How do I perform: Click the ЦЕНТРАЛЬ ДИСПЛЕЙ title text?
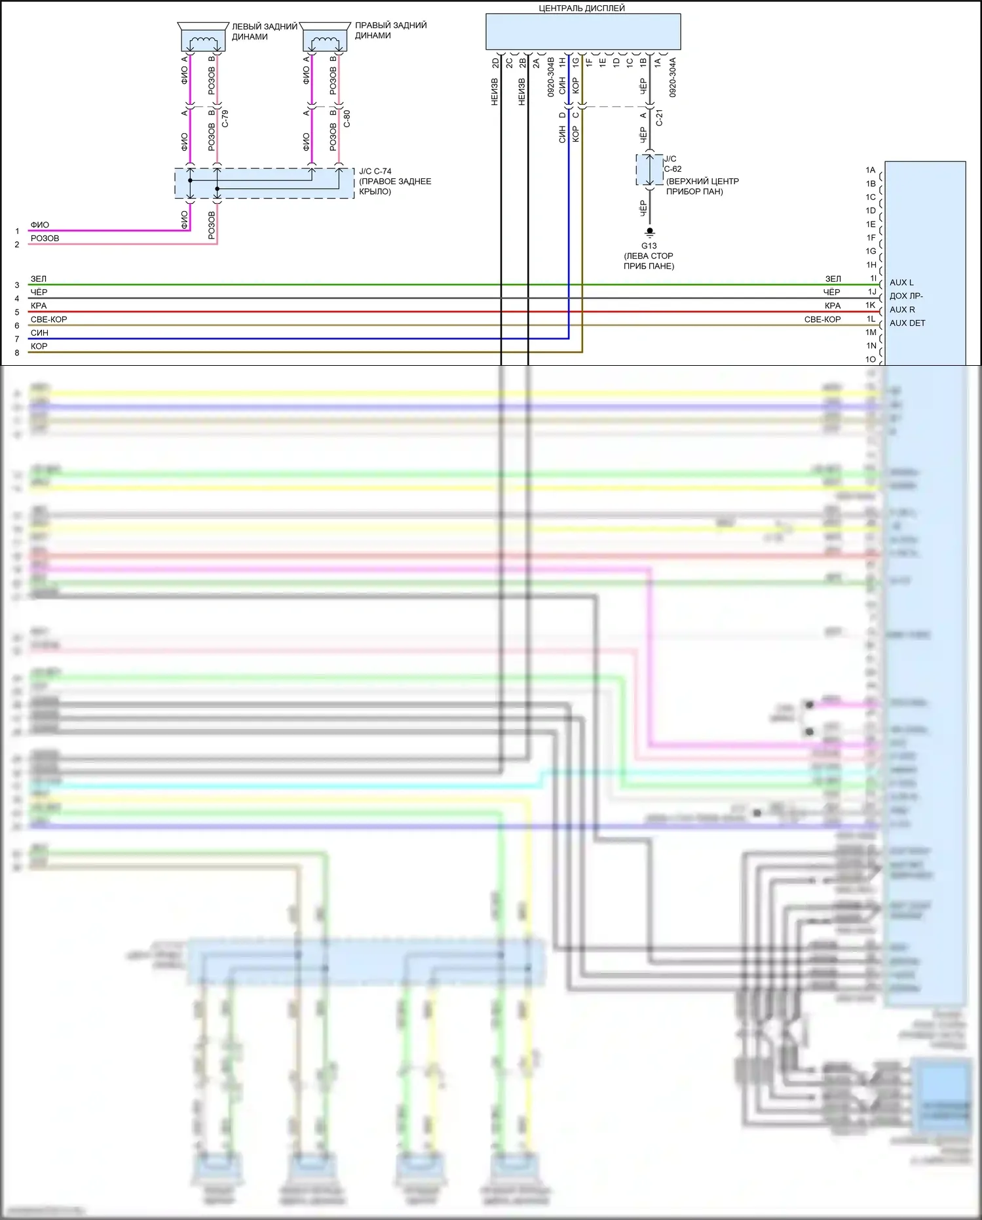tap(582, 9)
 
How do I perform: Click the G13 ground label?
tap(649, 246)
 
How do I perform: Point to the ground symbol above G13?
tap(649, 232)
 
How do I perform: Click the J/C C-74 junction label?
tap(375, 171)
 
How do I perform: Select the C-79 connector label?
tap(225, 119)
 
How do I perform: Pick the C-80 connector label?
tap(347, 119)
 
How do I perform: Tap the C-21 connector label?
tap(660, 117)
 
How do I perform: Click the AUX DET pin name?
tap(907, 323)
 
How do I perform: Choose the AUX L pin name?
tap(901, 283)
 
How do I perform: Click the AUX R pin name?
tap(902, 309)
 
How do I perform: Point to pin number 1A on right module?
tap(870, 170)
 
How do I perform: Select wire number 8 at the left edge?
tap(17, 353)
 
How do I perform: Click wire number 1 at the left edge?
tap(17, 231)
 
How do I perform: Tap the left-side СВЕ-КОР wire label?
tap(48, 319)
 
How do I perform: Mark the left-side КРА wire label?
tap(39, 305)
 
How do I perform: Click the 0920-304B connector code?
tap(551, 77)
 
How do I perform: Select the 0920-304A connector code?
tap(673, 77)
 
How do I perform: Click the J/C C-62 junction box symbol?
tap(649, 170)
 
